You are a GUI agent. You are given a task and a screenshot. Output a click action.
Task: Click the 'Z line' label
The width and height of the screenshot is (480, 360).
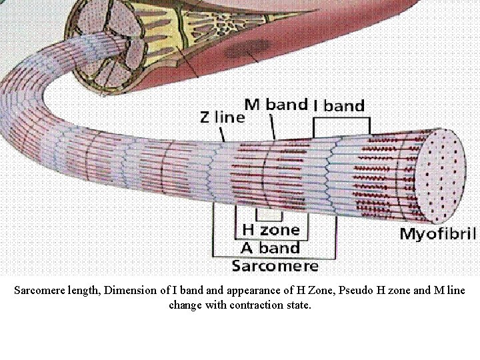[223, 117]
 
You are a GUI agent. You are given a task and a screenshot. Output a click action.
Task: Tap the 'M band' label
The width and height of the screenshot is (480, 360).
[276, 104]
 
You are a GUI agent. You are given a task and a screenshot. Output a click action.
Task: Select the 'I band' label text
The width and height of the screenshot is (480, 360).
[339, 105]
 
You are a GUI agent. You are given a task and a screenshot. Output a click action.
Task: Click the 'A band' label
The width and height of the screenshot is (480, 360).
[270, 249]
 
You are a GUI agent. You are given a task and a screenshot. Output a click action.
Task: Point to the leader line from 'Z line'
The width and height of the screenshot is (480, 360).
[223, 133]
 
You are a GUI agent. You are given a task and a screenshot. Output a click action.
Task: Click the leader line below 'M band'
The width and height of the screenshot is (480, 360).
[273, 126]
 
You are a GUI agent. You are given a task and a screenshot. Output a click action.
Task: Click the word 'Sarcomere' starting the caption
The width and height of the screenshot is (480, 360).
[43, 291]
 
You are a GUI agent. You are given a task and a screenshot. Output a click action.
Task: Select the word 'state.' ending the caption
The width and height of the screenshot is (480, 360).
[297, 306]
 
